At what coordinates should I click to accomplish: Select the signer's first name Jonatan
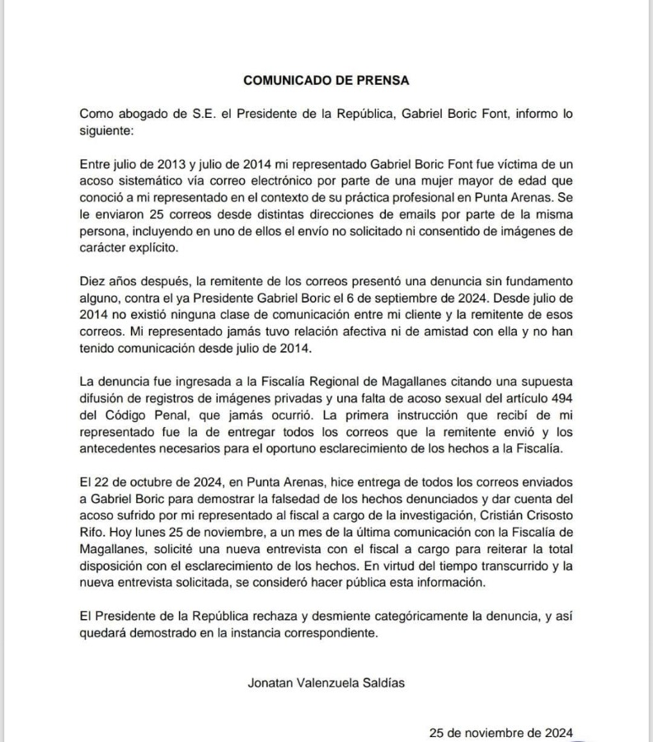[x=270, y=683]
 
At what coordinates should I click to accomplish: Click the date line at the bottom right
[x=500, y=732]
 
